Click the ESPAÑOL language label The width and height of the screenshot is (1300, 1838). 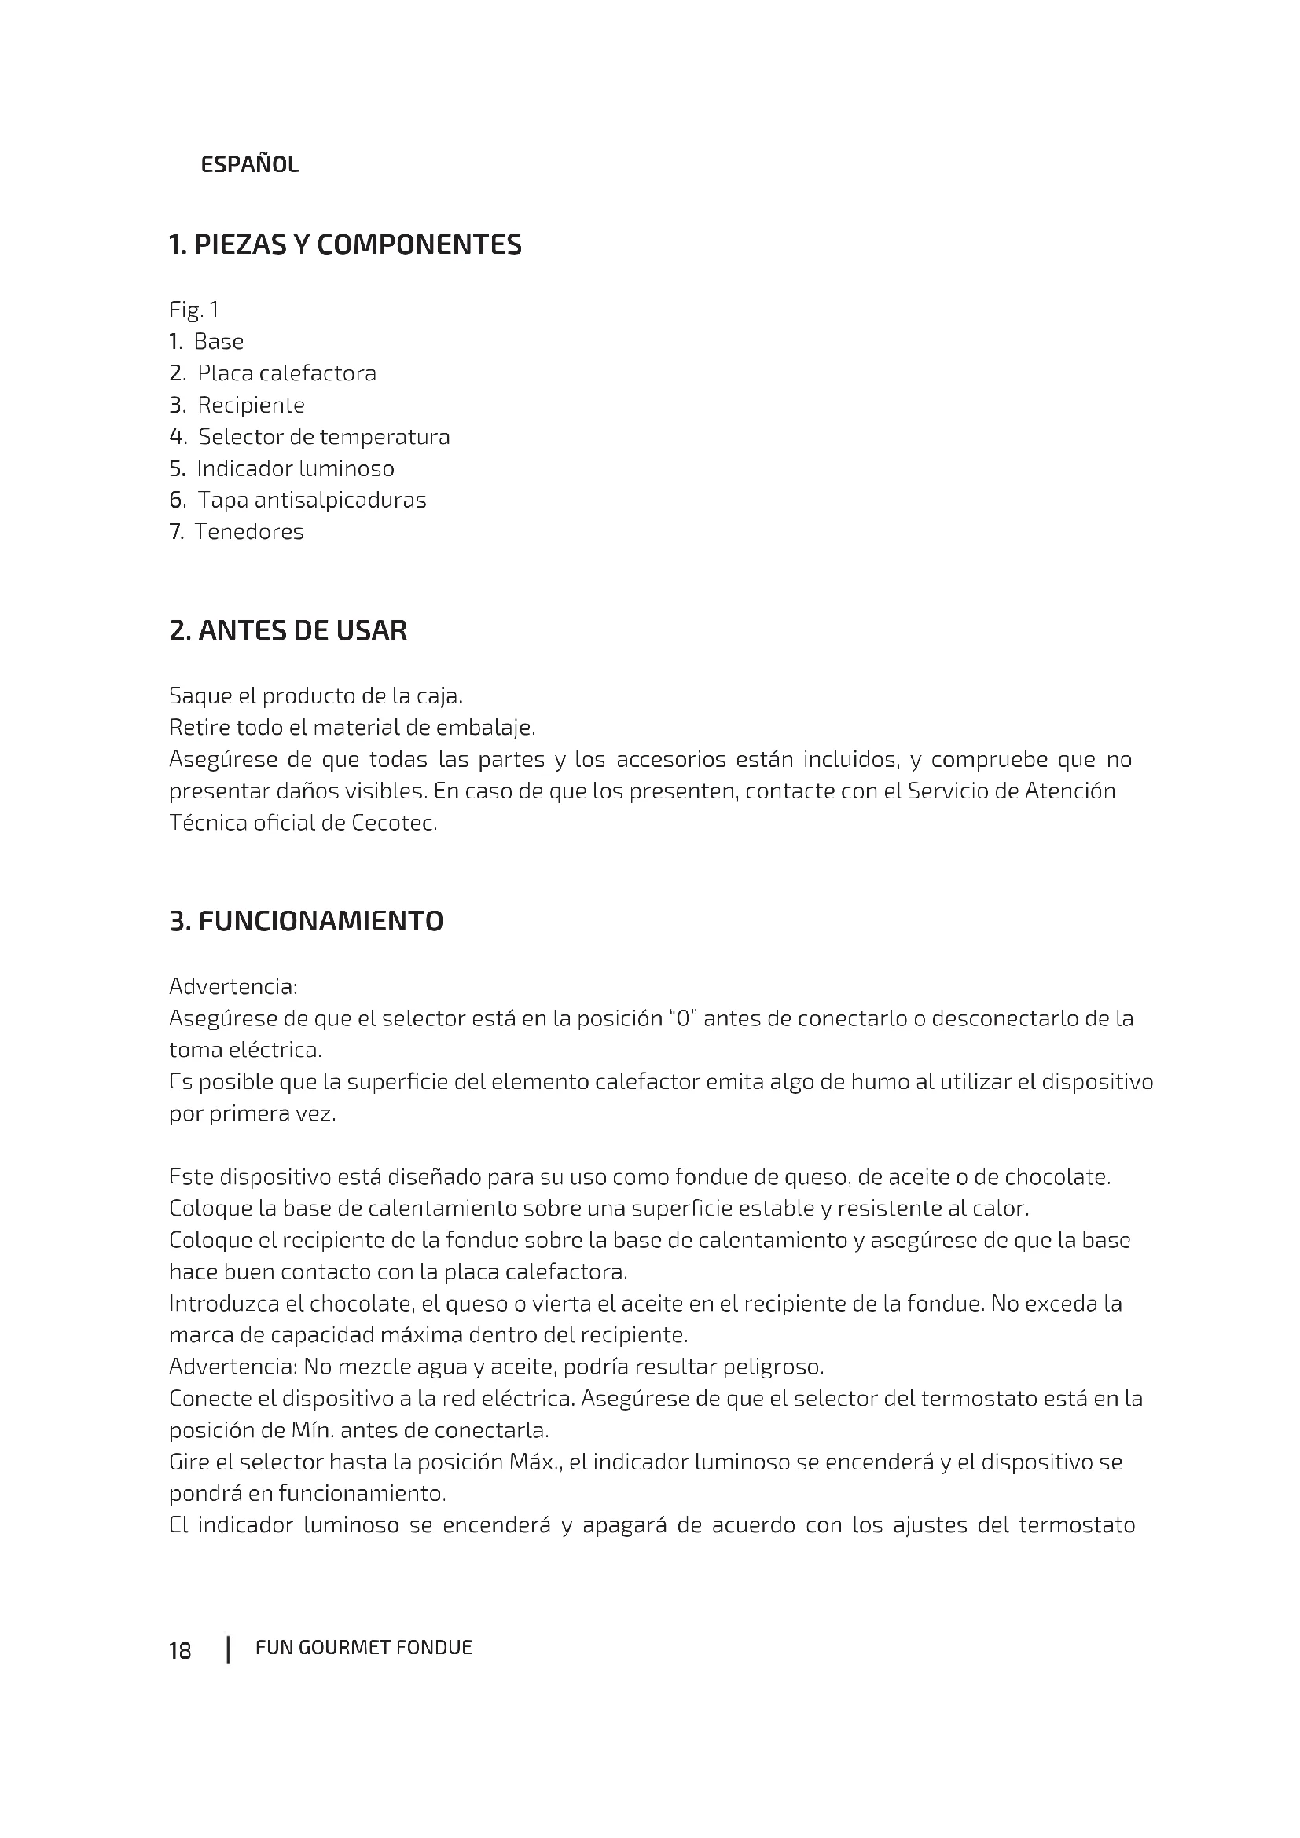(249, 165)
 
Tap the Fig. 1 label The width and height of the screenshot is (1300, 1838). (193, 310)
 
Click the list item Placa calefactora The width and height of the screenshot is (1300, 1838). (286, 373)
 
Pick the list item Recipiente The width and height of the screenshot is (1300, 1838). (251, 405)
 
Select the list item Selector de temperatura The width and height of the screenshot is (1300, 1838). (323, 437)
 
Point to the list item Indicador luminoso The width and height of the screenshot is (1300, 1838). (295, 468)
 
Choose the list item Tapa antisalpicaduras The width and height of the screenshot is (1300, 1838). (311, 501)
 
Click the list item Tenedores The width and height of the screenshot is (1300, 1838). (249, 532)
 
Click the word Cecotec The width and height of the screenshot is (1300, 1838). (394, 823)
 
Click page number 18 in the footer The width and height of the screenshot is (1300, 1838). (180, 1651)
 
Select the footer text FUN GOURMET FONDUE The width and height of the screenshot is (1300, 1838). (363, 1648)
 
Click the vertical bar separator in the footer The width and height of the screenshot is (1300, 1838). (229, 1650)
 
